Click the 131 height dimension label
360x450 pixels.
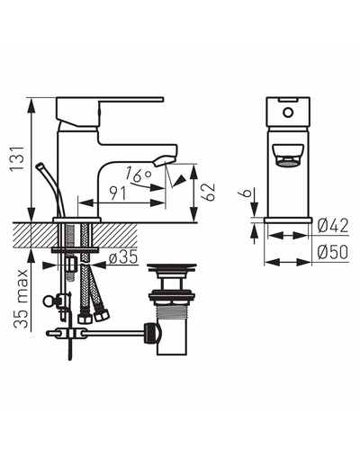[x=17, y=158]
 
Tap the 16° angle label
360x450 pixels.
[x=138, y=174]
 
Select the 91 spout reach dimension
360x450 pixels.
[x=118, y=193]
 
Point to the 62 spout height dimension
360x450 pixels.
[x=209, y=192]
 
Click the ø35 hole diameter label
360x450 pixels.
[x=123, y=257]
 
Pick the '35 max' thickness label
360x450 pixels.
[x=21, y=299]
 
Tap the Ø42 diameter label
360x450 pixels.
[x=333, y=226]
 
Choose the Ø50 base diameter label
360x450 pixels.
[x=333, y=252]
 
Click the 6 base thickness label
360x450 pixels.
[x=247, y=192]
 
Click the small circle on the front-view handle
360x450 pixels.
[x=288, y=112]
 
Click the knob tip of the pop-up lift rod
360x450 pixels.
[x=40, y=166]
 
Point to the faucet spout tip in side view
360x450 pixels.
[x=164, y=160]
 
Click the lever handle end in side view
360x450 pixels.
[x=162, y=100]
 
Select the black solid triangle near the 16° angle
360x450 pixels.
[x=181, y=180]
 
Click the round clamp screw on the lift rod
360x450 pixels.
[x=48, y=301]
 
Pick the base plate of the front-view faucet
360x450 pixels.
[x=288, y=220]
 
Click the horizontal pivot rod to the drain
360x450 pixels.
[x=115, y=332]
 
